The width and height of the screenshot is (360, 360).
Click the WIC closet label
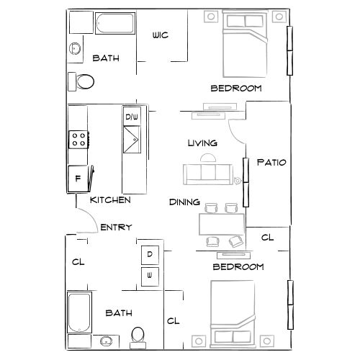160,35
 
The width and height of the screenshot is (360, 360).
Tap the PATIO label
272,162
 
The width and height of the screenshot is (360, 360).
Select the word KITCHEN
110,199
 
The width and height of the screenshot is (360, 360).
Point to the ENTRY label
116,228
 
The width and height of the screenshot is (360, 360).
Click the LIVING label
202,143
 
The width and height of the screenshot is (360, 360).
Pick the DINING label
184,202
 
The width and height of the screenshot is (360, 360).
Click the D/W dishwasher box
132,117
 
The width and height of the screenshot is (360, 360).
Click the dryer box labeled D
150,254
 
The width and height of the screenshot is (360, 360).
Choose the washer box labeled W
150,275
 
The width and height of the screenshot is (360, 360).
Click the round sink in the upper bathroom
75,48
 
